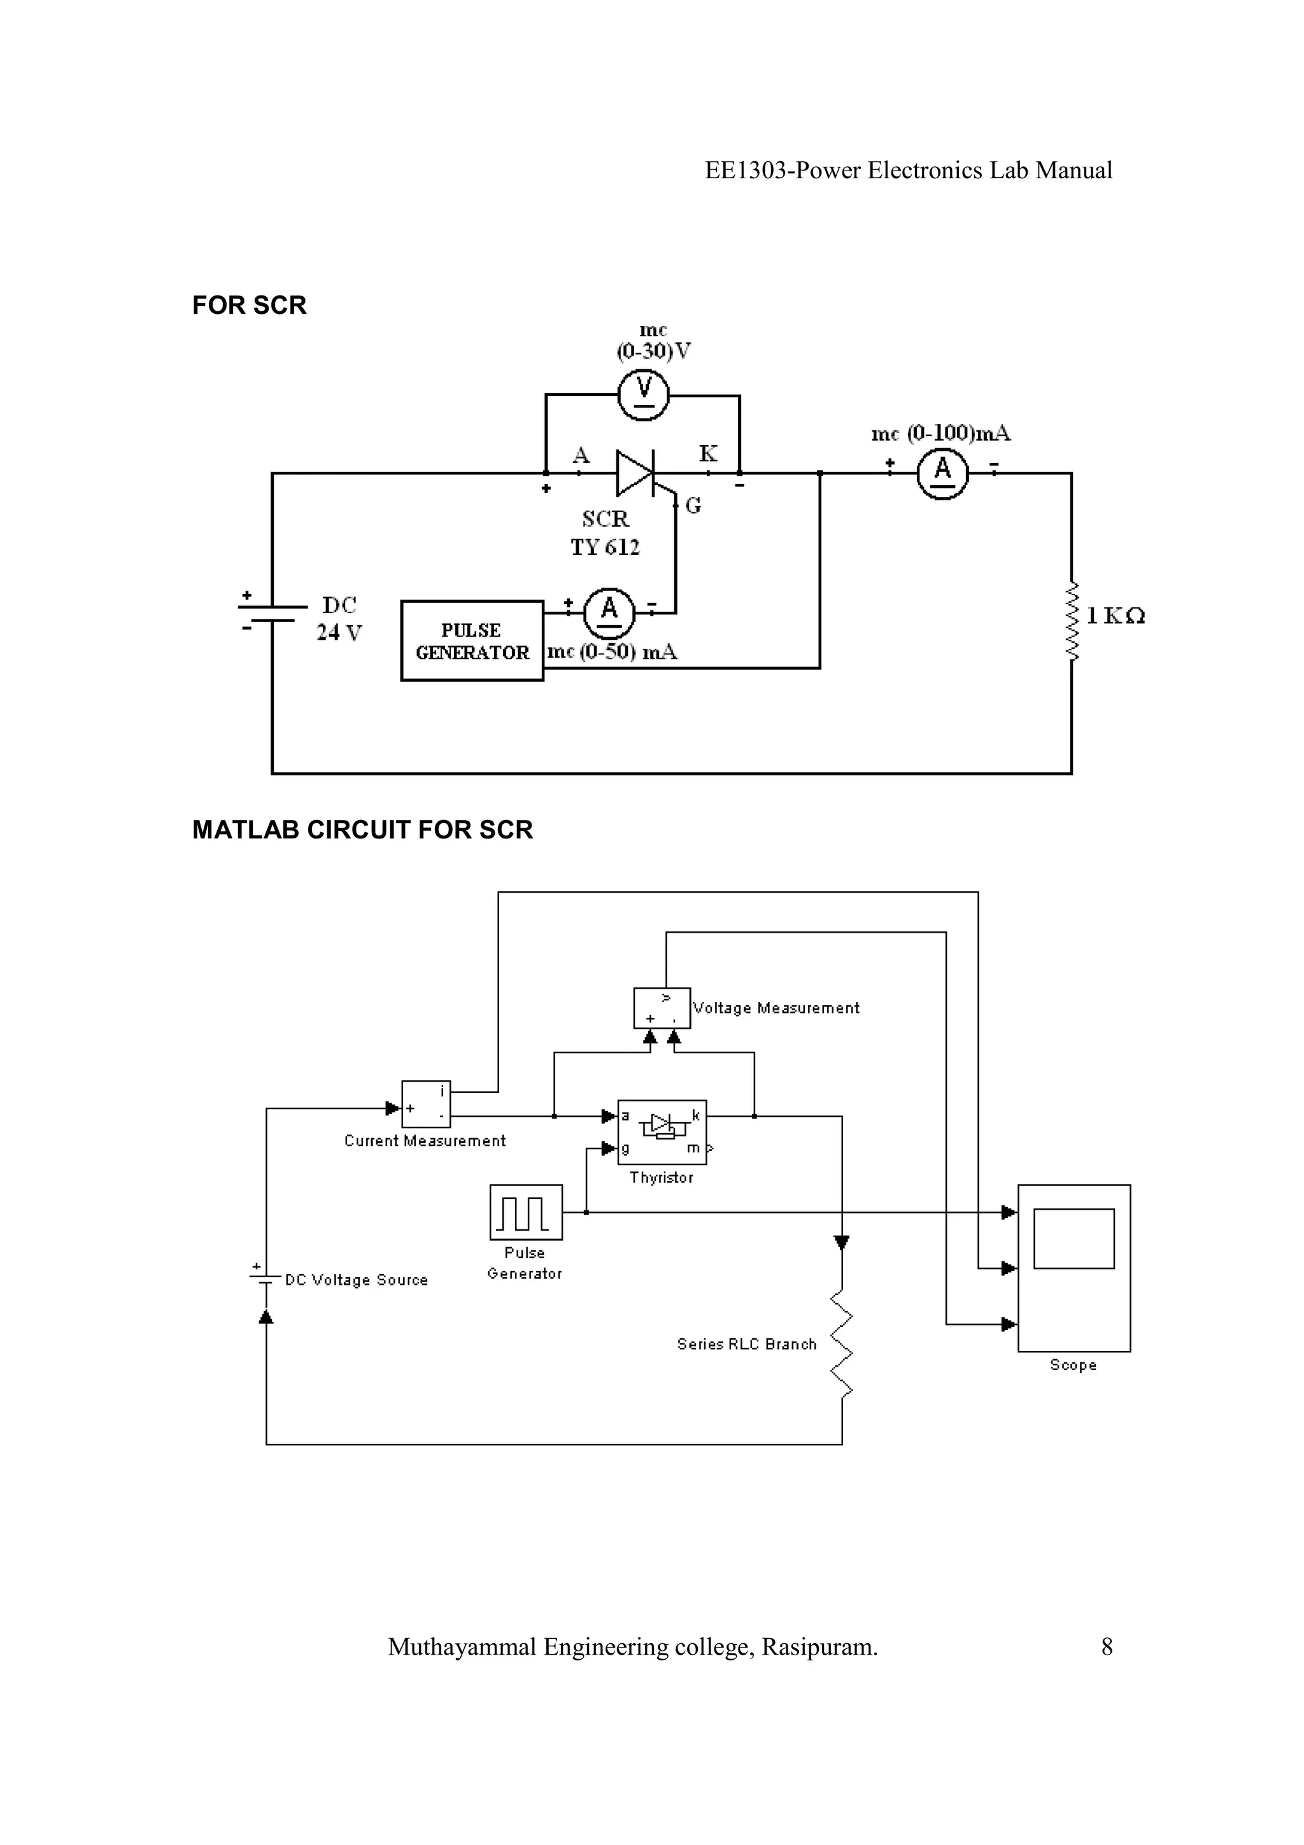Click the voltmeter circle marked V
pos(644,395)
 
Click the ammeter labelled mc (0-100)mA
pos(942,473)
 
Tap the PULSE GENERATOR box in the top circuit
pos(472,640)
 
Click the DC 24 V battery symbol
pos(273,613)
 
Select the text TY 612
pos(605,548)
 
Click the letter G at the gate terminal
pos(693,505)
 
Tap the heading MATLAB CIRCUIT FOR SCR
pos(362,830)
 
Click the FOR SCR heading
pos(249,306)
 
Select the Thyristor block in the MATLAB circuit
pos(662,1131)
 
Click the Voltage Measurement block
pos(662,1008)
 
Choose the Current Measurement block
pos(426,1104)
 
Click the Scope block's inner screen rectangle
pos(1074,1238)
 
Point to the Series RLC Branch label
pos(746,1345)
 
